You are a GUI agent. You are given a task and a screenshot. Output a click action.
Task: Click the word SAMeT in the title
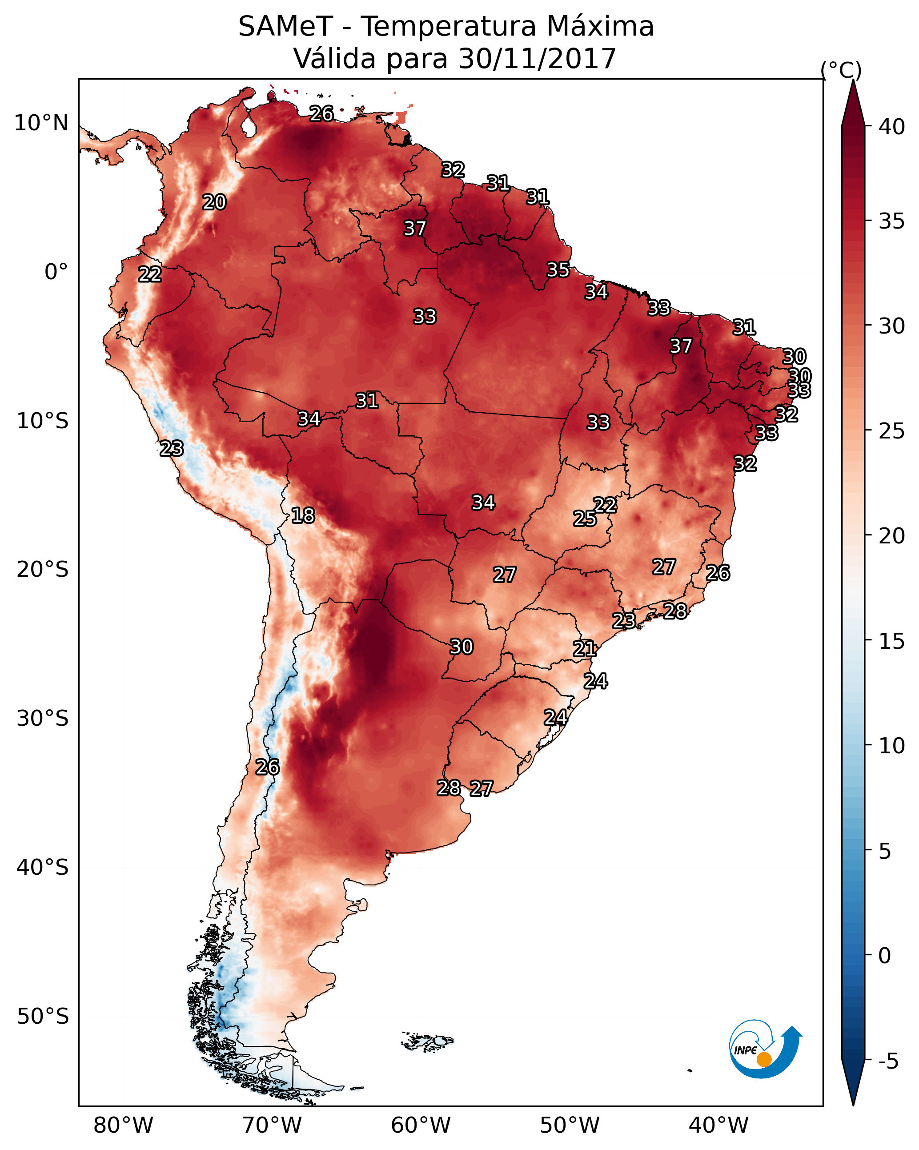point(285,27)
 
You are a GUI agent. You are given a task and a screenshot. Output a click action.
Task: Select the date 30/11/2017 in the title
point(537,59)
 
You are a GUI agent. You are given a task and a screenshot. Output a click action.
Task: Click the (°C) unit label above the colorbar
point(841,70)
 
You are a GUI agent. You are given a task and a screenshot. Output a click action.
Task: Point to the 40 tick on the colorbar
point(891,127)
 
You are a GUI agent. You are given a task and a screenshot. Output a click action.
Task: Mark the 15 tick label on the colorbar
point(891,641)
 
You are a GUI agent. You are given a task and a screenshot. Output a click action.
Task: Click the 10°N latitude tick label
point(41,123)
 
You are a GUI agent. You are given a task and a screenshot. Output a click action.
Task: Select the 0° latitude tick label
point(56,272)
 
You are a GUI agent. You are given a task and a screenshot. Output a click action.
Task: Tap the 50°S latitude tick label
point(43,1017)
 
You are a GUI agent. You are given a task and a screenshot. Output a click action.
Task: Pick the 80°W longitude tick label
point(123,1126)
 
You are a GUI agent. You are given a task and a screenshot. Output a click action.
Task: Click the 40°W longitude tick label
point(718,1126)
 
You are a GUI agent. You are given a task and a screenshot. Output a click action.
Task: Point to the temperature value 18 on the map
point(303,516)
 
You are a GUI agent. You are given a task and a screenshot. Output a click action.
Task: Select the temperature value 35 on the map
point(558,270)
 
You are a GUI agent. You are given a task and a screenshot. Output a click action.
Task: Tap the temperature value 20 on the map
point(214,202)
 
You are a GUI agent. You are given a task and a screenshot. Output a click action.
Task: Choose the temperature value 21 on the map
point(584,649)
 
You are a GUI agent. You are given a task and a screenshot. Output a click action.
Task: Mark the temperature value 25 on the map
point(585,519)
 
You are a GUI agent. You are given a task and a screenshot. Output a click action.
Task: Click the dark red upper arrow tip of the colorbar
point(853,101)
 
